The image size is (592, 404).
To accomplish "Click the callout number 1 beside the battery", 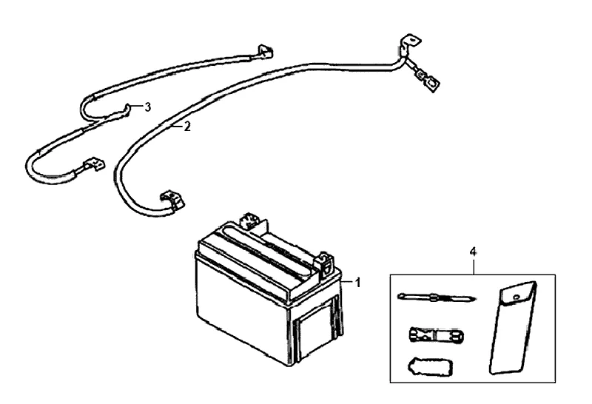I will click(357, 282).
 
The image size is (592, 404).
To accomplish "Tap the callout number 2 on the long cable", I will click(187, 127).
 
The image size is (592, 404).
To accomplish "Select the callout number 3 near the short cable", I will click(148, 107).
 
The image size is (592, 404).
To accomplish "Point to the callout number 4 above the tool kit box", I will click(473, 252).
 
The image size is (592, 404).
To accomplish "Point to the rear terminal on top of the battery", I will click(248, 220).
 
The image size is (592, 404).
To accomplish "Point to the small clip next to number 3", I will click(129, 109).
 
